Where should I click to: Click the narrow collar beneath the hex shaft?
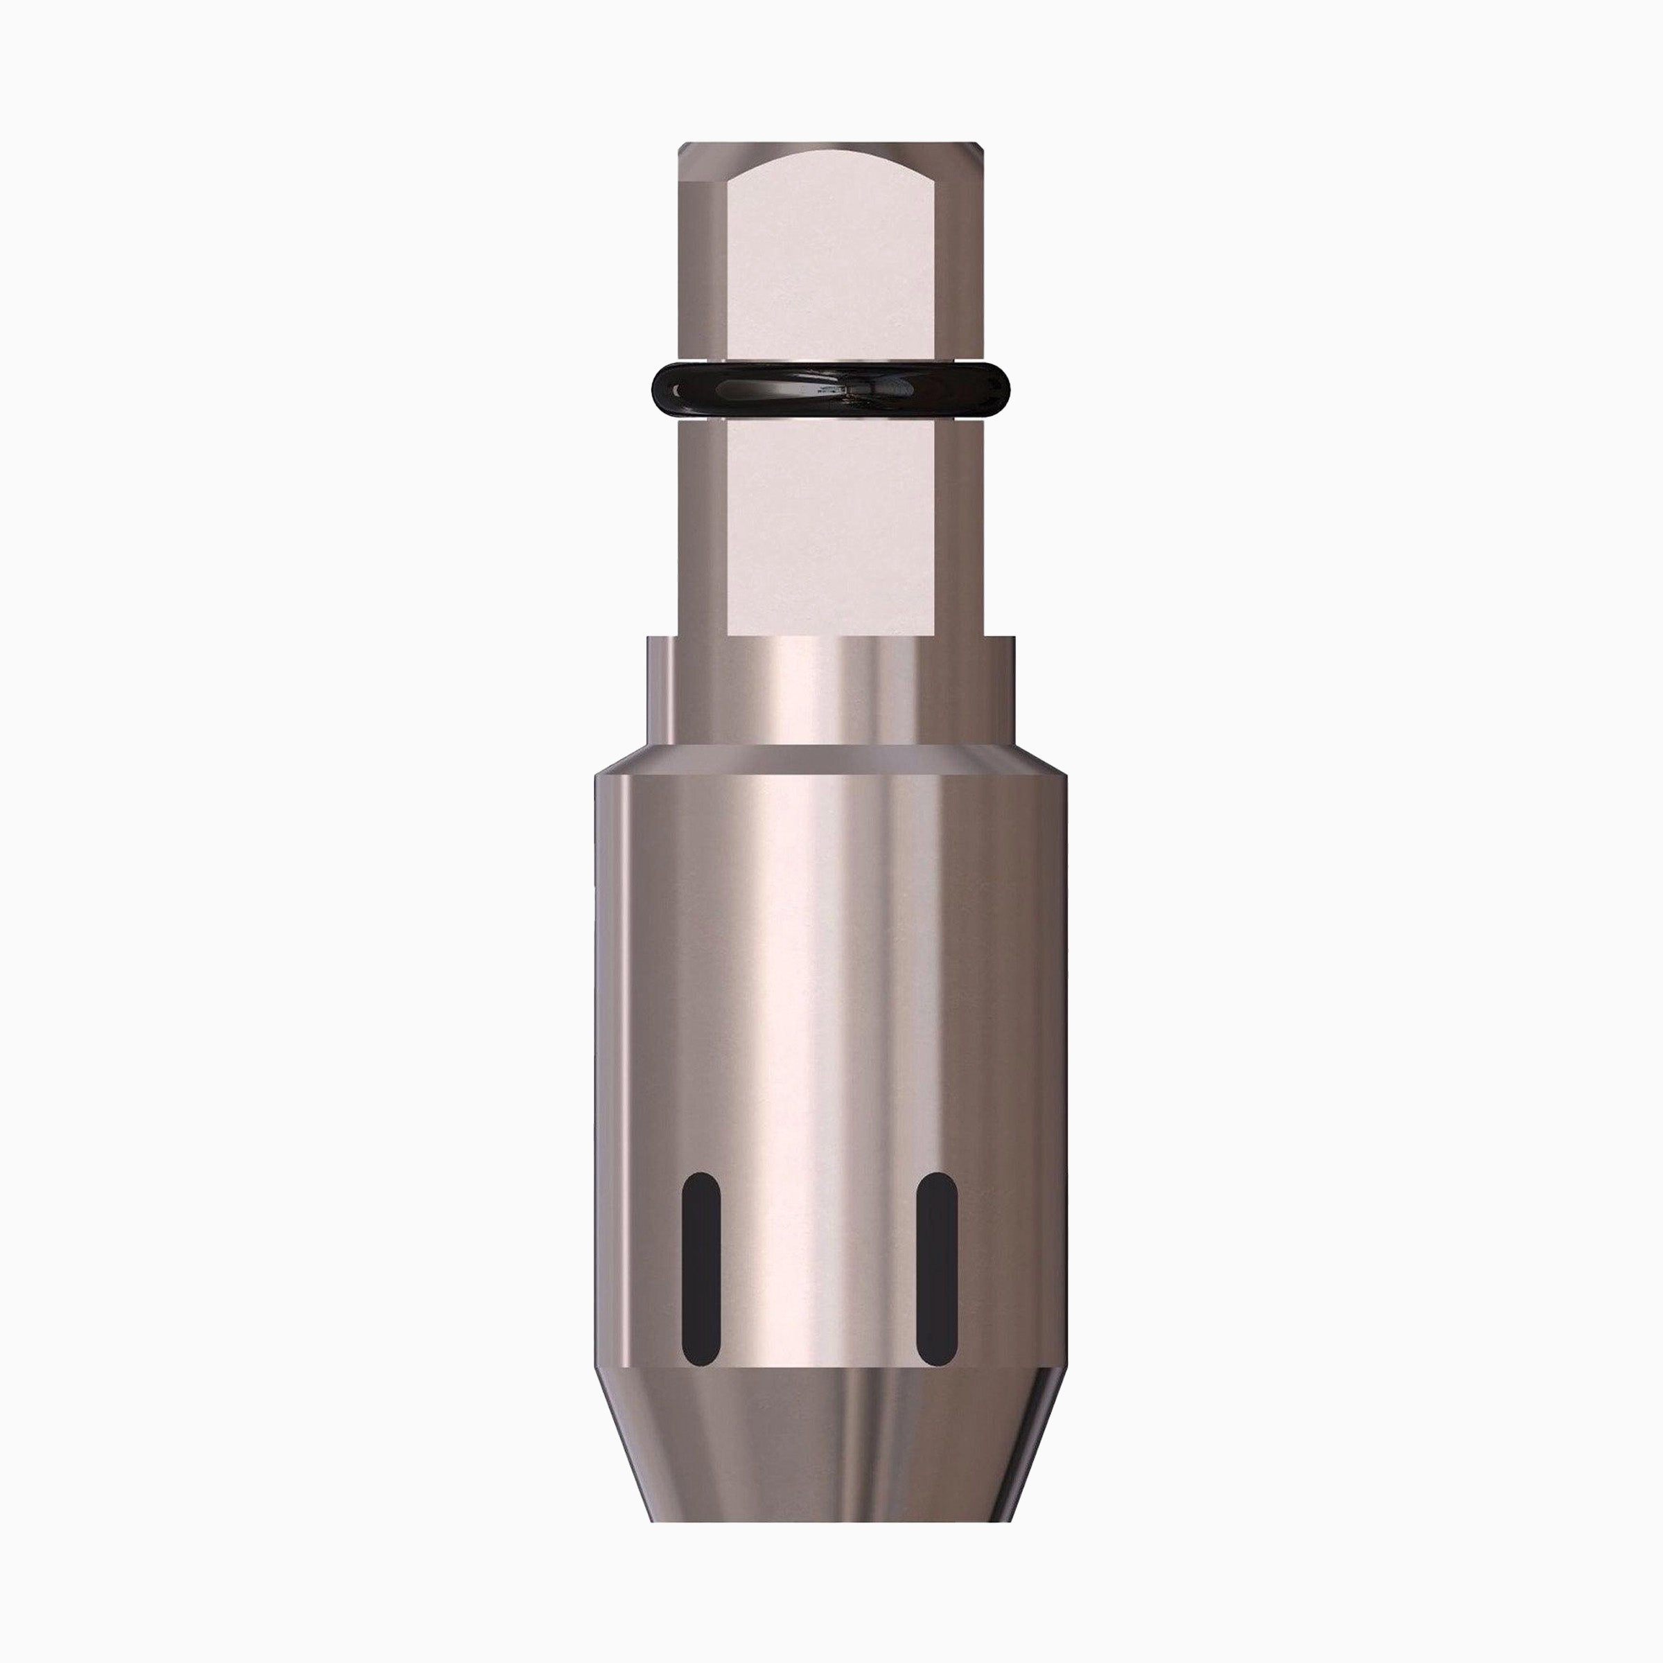831,689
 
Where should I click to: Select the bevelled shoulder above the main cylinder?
831,757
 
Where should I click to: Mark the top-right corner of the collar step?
1013,637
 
